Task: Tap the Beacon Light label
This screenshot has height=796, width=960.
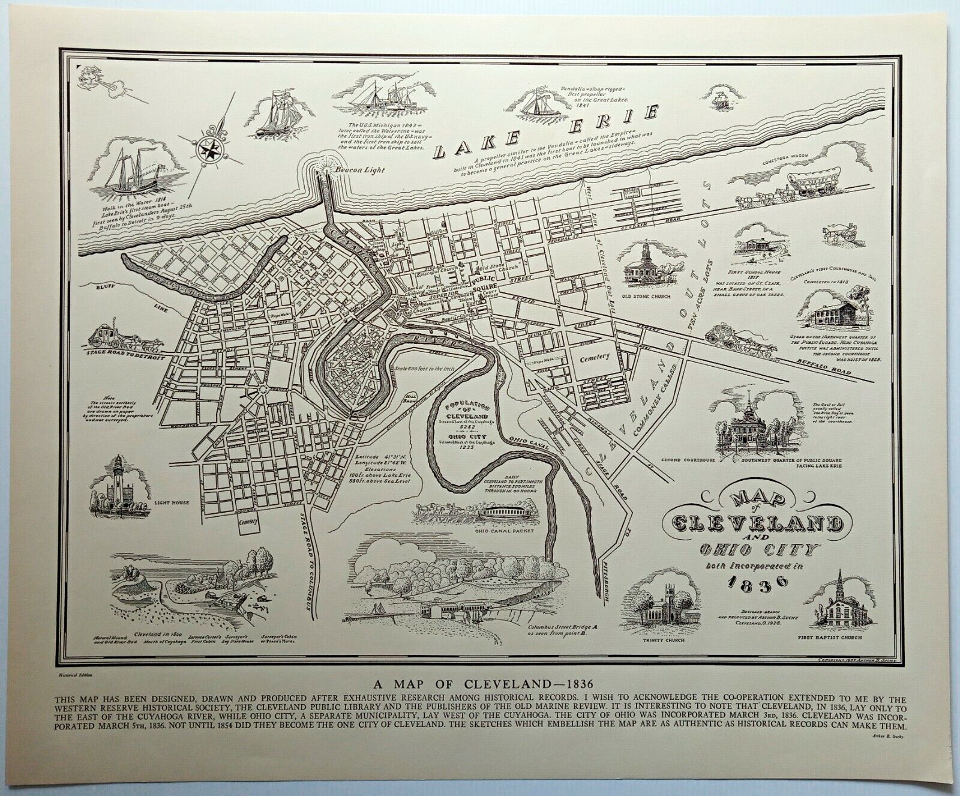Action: click(359, 170)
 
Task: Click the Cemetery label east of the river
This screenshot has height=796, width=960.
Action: click(594, 357)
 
